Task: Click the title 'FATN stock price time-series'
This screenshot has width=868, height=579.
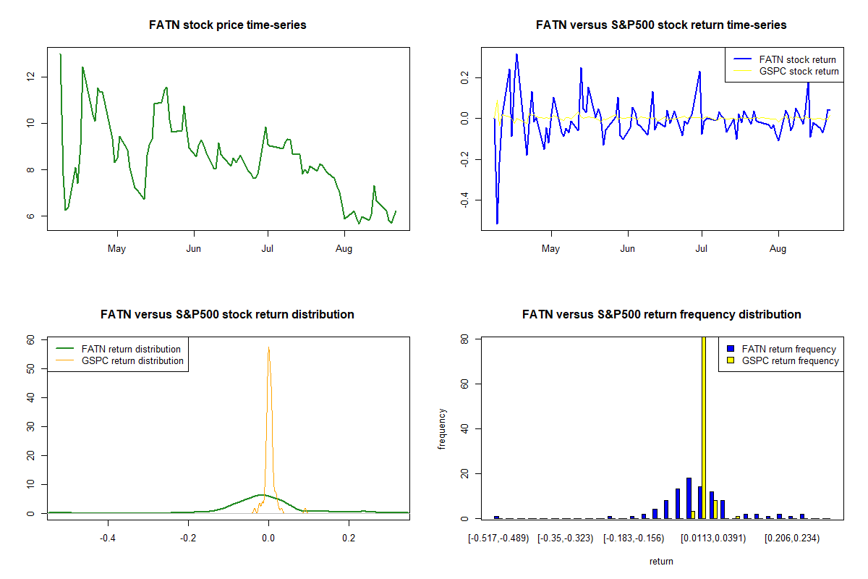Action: click(x=228, y=25)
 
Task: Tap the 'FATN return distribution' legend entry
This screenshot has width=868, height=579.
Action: click(x=131, y=350)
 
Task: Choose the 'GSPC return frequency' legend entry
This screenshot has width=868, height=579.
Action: click(x=790, y=360)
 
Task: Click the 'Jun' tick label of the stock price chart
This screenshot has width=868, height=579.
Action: click(x=193, y=250)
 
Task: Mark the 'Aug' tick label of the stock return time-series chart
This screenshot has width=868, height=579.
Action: click(x=778, y=250)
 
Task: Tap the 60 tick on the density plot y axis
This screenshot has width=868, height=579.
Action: click(x=31, y=339)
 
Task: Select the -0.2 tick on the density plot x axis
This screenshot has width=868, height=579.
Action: click(x=188, y=538)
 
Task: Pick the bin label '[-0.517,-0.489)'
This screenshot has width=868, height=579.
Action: click(x=498, y=538)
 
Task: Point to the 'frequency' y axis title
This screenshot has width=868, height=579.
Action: click(x=442, y=429)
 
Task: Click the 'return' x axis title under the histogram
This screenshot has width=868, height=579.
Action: click(x=661, y=562)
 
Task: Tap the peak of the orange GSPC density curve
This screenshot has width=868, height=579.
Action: click(x=268, y=348)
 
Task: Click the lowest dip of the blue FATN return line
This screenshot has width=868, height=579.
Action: click(x=497, y=223)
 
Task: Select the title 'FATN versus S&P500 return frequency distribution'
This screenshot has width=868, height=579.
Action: click(x=661, y=315)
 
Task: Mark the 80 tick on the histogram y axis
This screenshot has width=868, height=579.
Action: click(x=465, y=339)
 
